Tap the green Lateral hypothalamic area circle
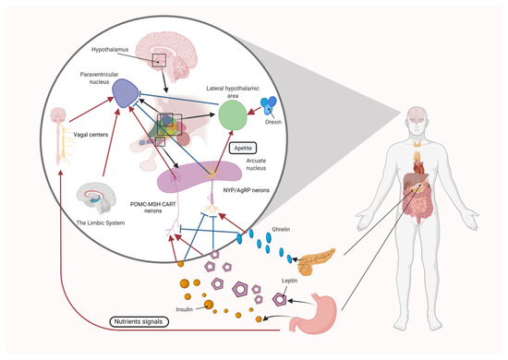click(235, 117)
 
